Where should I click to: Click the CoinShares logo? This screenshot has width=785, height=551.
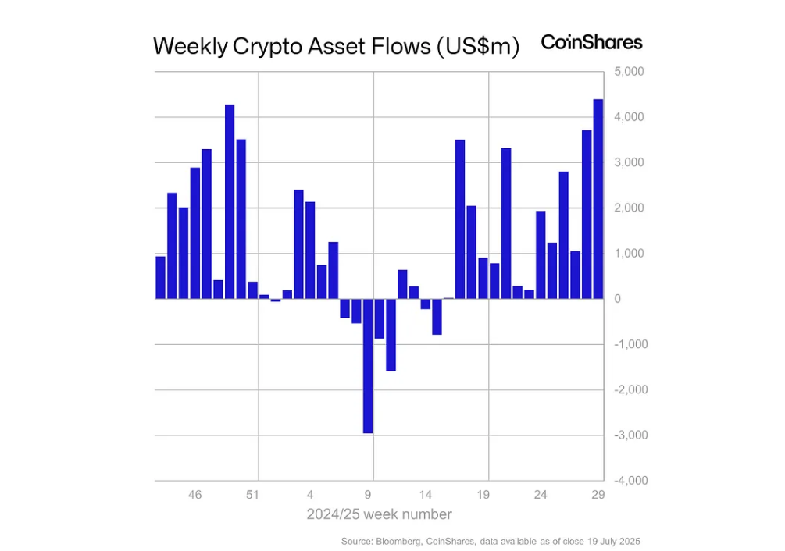pyautogui.click(x=591, y=42)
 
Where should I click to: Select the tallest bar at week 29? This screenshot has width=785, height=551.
pyautogui.click(x=598, y=199)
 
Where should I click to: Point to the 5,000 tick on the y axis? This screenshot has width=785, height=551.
pyautogui.click(x=628, y=72)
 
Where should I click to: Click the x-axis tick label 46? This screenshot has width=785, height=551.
pyautogui.click(x=195, y=495)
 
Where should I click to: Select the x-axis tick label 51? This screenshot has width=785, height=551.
pyautogui.click(x=252, y=495)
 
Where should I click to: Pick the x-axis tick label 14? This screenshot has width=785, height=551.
pyautogui.click(x=426, y=495)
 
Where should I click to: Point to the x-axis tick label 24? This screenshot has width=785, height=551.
pyautogui.click(x=541, y=495)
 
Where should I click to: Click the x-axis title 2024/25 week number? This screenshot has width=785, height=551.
pyautogui.click(x=379, y=514)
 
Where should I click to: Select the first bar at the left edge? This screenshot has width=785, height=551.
pyautogui.click(x=160, y=278)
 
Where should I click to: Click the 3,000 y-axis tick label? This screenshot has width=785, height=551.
pyautogui.click(x=628, y=162)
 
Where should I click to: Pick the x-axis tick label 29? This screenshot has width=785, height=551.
pyautogui.click(x=598, y=495)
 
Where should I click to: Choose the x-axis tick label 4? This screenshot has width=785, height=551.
pyautogui.click(x=310, y=495)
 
